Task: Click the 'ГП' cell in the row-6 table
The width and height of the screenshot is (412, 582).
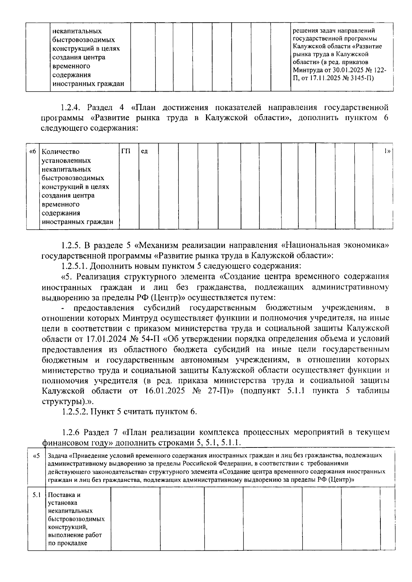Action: coord(126,151)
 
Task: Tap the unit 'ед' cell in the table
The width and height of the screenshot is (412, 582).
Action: coord(145,151)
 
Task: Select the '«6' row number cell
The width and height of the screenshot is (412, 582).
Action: coord(33,151)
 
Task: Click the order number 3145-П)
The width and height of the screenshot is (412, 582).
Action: coord(361,78)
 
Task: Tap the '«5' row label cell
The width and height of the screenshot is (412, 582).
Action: coord(36,456)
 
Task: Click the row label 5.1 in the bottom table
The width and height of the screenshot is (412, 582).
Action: coord(37,495)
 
